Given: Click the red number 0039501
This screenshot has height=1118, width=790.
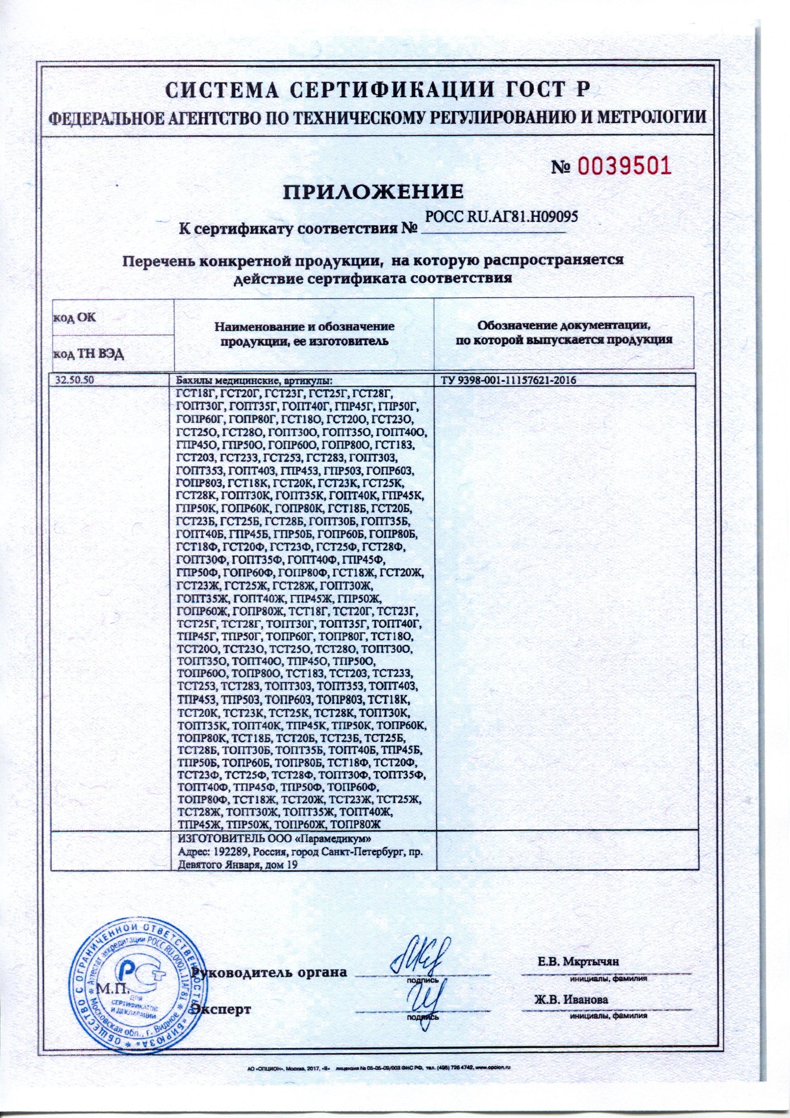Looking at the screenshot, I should coord(624,167).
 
